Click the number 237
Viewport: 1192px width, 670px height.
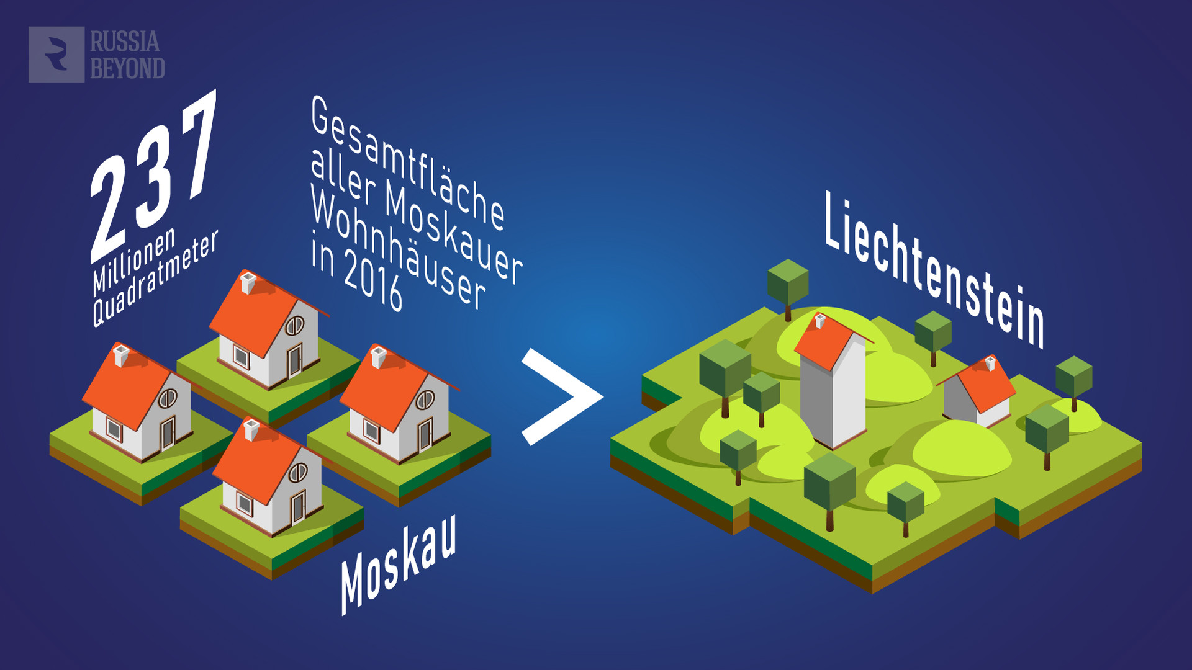coord(154,177)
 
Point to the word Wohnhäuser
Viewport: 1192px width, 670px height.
coord(398,249)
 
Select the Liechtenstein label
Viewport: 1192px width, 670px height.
coord(934,270)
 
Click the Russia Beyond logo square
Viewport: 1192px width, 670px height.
coord(56,55)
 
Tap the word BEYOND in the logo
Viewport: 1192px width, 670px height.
coord(127,68)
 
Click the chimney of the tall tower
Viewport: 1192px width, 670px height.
coord(820,321)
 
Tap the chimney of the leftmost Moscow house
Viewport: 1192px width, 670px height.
coord(121,355)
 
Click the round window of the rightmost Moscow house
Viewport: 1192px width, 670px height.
coord(425,400)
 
